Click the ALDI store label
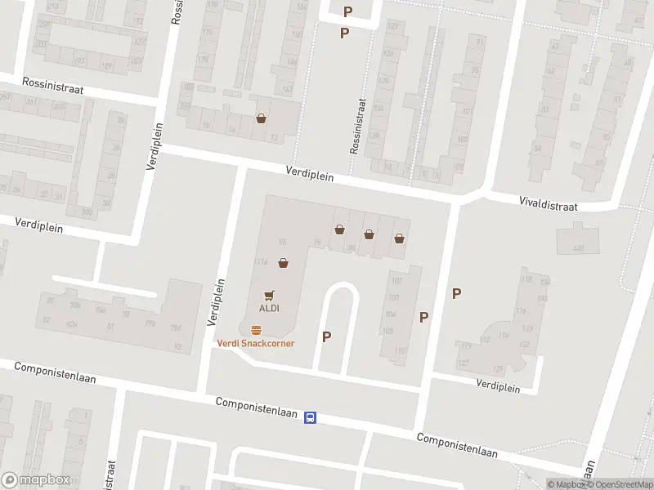(270, 308)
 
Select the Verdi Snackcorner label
(255, 343)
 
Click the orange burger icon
(256, 331)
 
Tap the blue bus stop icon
(311, 417)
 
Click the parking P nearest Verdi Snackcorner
(327, 336)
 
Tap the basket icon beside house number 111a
(283, 263)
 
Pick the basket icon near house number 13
(261, 118)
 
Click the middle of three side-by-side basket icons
(370, 234)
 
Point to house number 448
(580, 247)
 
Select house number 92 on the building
(177, 346)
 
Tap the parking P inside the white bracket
(348, 11)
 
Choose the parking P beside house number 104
(423, 317)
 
